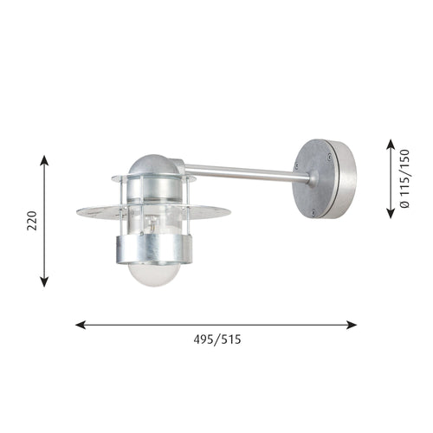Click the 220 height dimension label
coord(32,221)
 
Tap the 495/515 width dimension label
coord(217,339)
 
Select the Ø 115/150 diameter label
coord(404,178)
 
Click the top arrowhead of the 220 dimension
coord(44,160)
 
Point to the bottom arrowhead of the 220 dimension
coord(44,281)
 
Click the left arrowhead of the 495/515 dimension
coord(81,325)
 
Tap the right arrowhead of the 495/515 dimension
coord(352,325)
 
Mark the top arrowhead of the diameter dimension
coord(391,145)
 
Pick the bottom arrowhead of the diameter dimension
coord(391,213)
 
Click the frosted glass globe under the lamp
coord(153,275)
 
